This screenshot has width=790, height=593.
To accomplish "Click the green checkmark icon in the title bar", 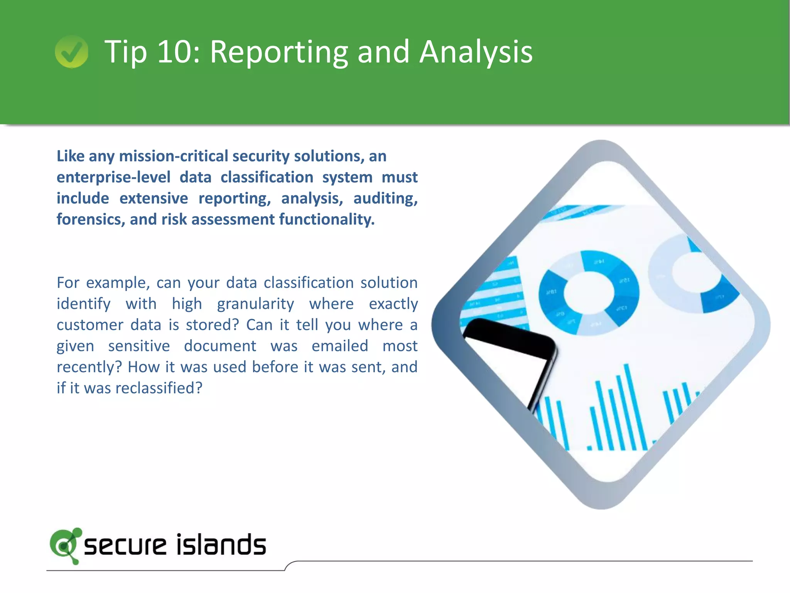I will tap(71, 51).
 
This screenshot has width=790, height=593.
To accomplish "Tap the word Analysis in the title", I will tap(476, 52).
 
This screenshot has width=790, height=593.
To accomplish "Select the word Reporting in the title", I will tap(279, 52).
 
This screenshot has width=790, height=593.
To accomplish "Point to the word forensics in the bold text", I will tap(90, 219).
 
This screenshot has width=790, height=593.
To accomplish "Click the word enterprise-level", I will tap(113, 177).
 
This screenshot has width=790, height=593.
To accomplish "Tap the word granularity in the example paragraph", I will tap(255, 304).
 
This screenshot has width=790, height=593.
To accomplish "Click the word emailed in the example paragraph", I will tap(340, 346).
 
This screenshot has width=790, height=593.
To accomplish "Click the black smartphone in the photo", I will tap(509, 359).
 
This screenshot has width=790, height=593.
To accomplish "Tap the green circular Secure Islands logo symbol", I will tap(65, 545).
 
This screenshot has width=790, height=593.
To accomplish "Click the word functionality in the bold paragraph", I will tap(327, 219).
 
